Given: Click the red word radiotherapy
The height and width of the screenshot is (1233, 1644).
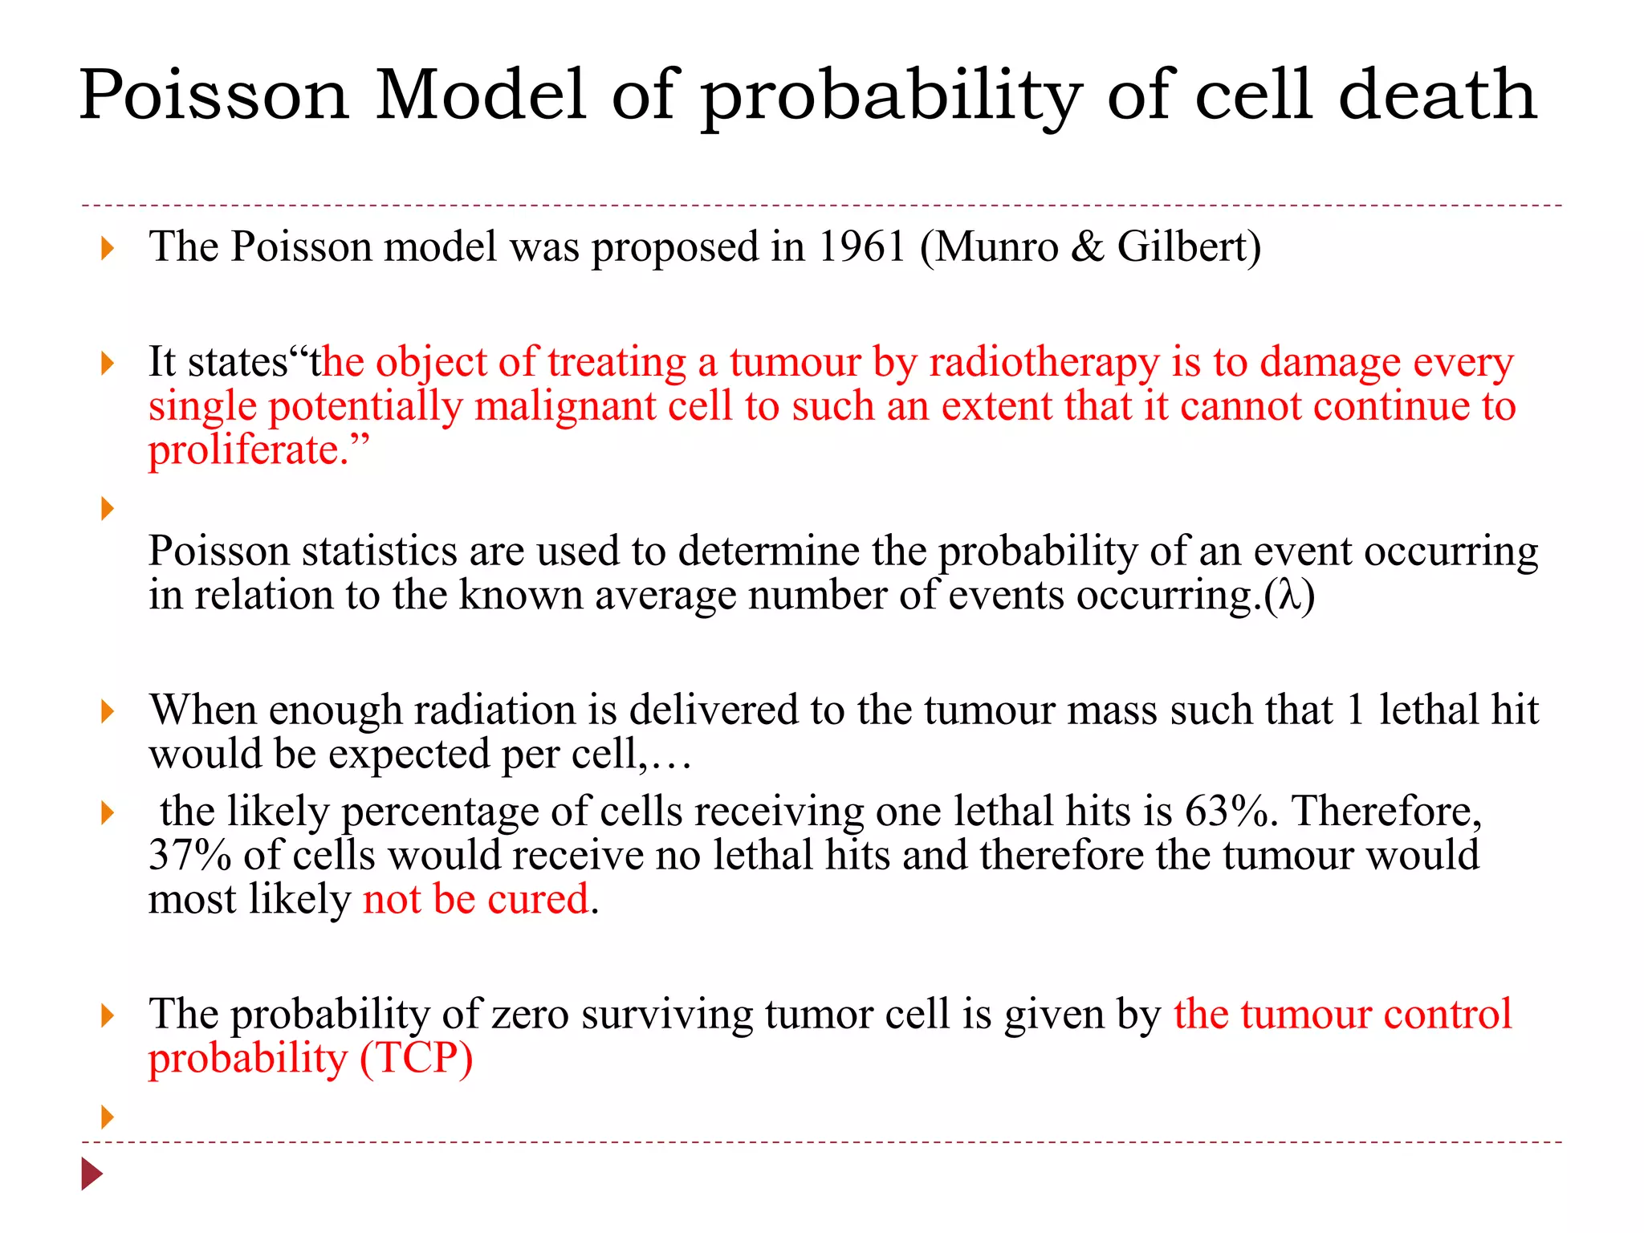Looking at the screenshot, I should click(1044, 363).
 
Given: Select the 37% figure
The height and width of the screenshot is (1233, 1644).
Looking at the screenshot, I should click(189, 855).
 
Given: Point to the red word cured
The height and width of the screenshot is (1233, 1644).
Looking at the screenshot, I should click(538, 899).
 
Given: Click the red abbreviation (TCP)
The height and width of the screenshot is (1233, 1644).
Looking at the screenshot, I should click(416, 1058).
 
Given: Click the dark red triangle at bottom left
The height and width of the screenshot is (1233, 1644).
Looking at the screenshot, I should click(92, 1174).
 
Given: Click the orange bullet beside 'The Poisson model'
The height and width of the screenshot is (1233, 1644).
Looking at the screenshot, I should click(108, 248).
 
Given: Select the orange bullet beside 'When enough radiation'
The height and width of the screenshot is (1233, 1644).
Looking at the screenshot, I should click(108, 711).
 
